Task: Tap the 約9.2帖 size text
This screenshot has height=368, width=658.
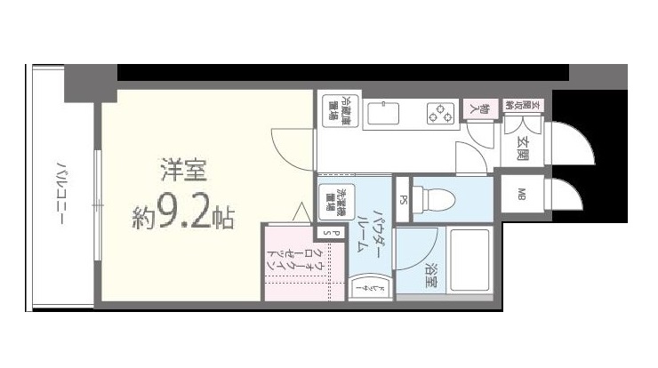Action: point(184,216)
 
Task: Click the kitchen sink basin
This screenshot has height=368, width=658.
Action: point(384,114)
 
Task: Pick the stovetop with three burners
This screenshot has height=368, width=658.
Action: point(437,114)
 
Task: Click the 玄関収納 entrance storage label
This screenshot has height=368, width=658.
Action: point(510,106)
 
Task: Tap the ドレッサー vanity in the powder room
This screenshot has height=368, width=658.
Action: point(363,288)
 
